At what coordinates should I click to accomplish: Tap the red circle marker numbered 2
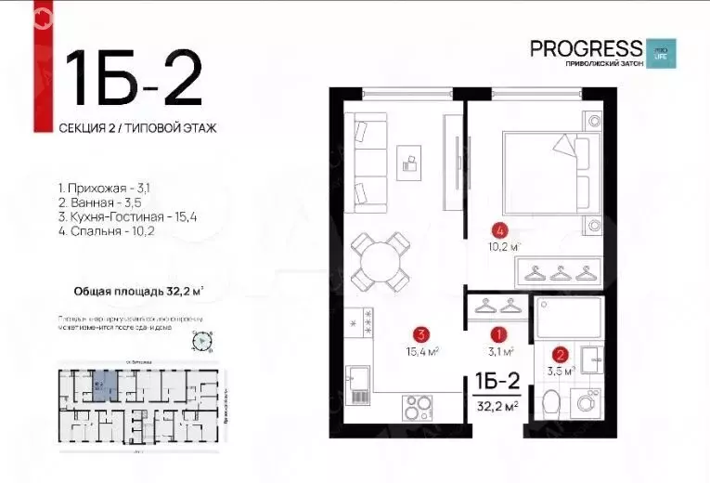[x=560, y=354]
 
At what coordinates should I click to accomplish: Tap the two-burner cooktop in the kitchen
[x=418, y=409]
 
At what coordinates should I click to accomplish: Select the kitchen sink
[x=358, y=381]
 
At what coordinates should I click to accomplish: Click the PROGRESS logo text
[x=585, y=48]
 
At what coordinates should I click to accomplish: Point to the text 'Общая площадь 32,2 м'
[x=138, y=290]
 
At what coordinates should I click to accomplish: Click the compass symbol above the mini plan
[x=200, y=343]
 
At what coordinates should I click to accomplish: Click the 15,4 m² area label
[x=421, y=350]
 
